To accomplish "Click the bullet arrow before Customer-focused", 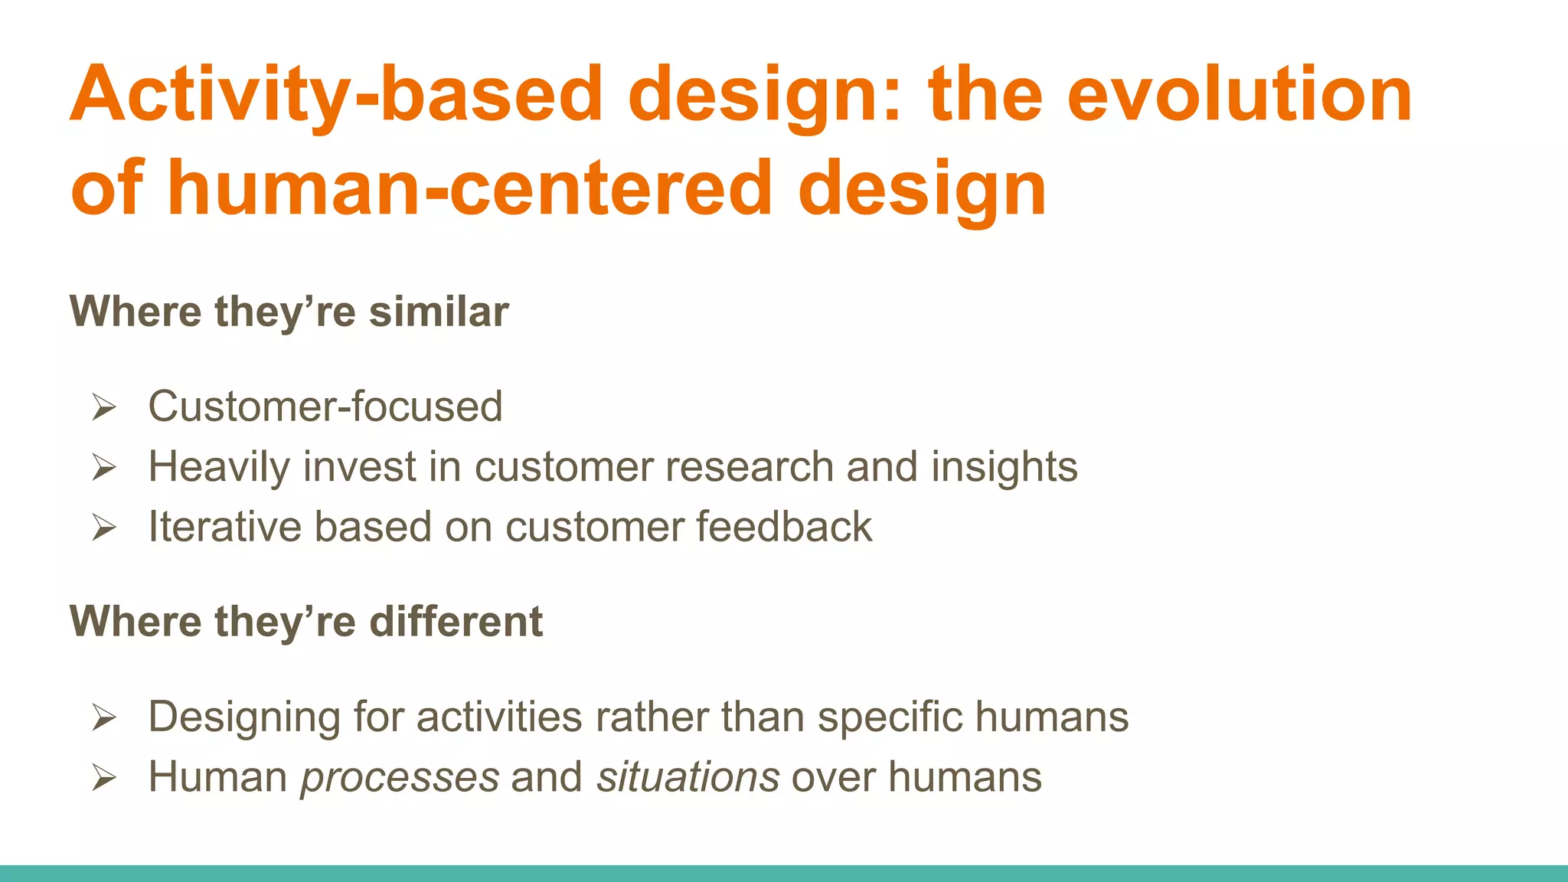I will tap(103, 407).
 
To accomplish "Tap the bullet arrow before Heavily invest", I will tap(103, 467).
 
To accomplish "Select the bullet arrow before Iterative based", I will tap(103, 528).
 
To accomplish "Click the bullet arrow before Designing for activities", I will tap(103, 717).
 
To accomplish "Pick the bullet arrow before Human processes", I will tap(103, 778).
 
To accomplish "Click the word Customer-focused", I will tap(325, 406).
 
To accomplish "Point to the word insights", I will tap(1004, 466).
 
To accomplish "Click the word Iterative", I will tap(225, 527).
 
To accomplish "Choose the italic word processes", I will tap(400, 777).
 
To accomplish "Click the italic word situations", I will tap(688, 777).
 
